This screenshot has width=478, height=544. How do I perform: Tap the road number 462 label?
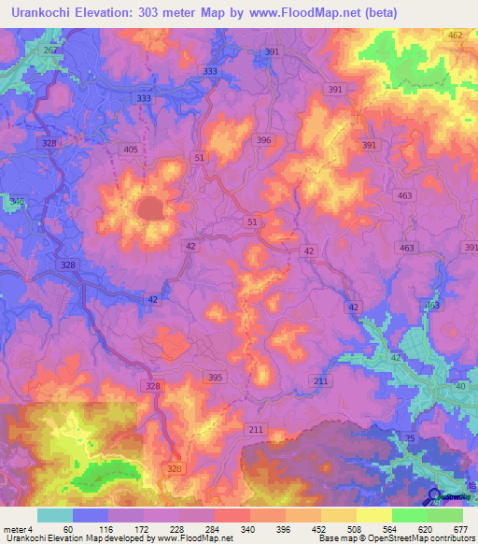(x=455, y=36)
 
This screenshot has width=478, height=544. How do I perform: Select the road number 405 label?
(x=130, y=149)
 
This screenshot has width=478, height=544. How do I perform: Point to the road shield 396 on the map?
(x=264, y=140)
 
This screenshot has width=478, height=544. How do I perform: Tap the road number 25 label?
(x=410, y=437)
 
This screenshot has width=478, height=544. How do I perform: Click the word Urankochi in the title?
(x=42, y=13)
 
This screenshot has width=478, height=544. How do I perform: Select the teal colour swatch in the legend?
(x=55, y=515)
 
